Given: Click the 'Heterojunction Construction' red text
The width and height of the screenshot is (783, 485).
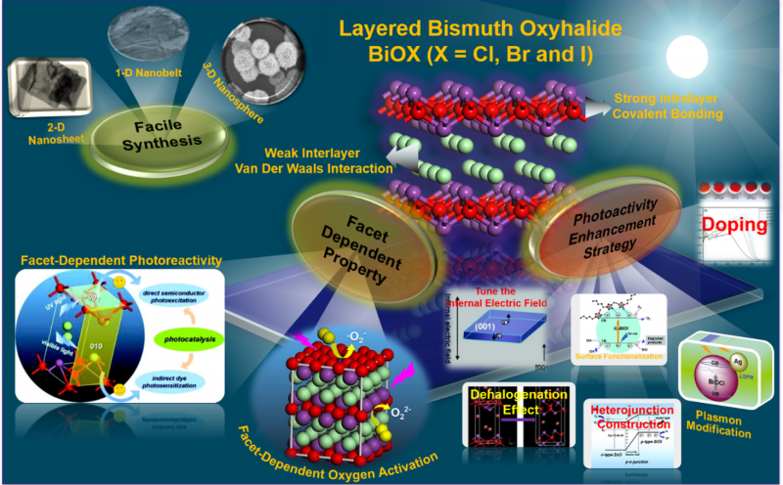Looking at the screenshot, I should click(633, 418).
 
